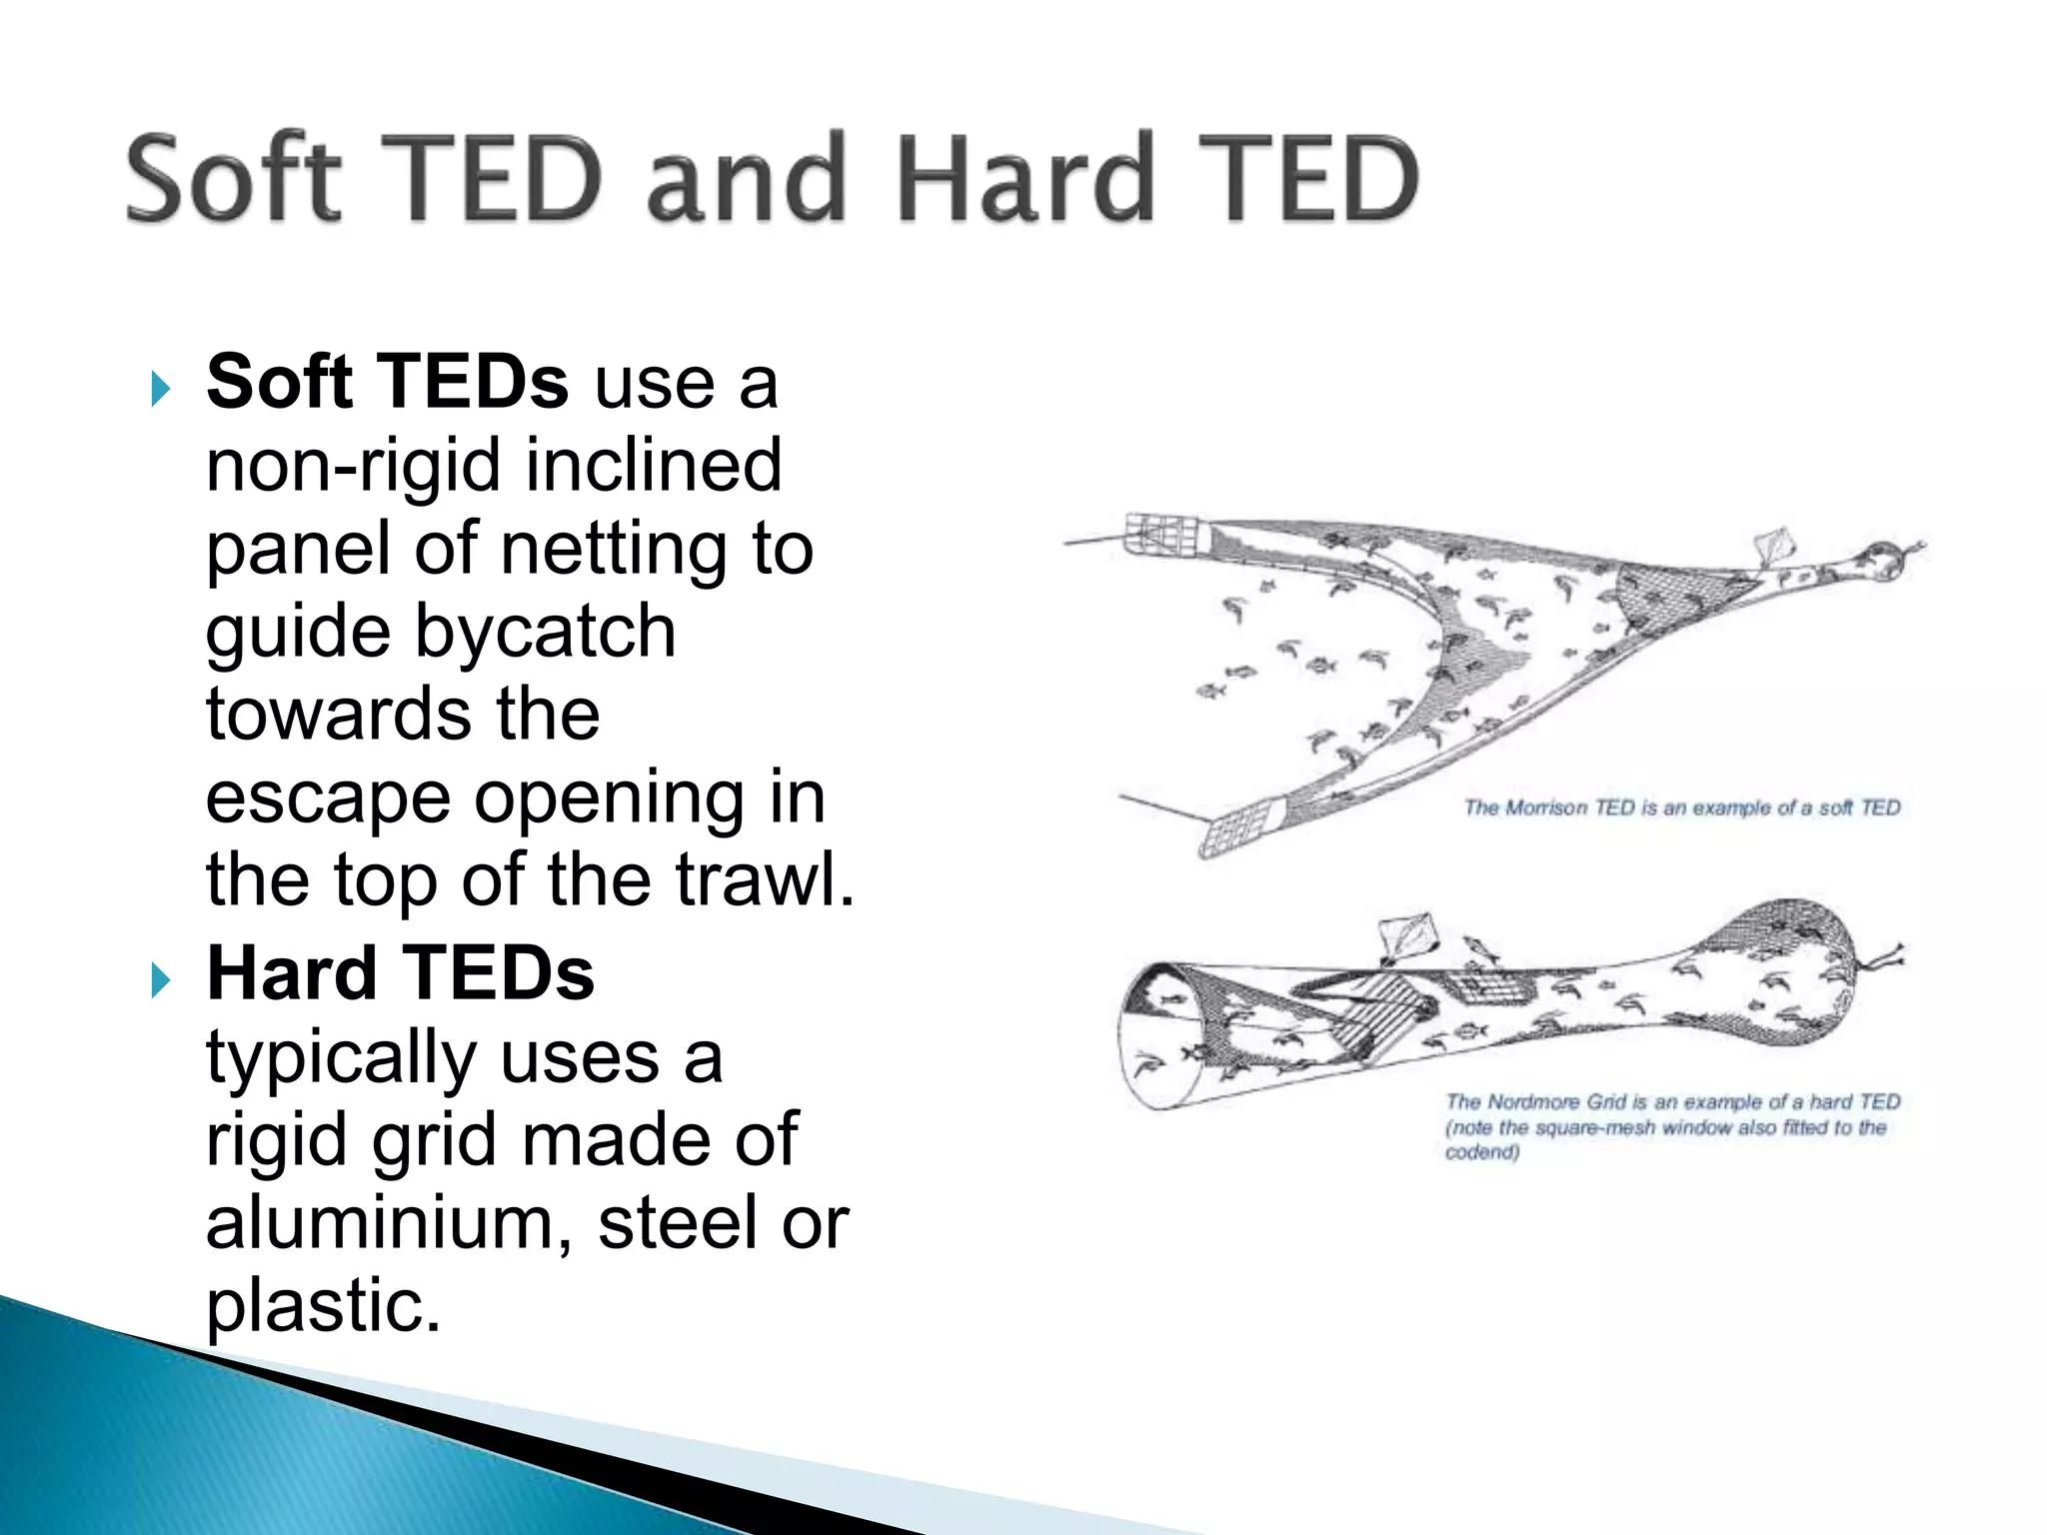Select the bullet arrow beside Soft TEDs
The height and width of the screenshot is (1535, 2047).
point(160,388)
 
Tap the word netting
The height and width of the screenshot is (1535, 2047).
point(614,550)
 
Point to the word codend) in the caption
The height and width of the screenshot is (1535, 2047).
point(1481,1152)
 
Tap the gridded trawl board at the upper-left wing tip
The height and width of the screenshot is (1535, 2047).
point(1161,535)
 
